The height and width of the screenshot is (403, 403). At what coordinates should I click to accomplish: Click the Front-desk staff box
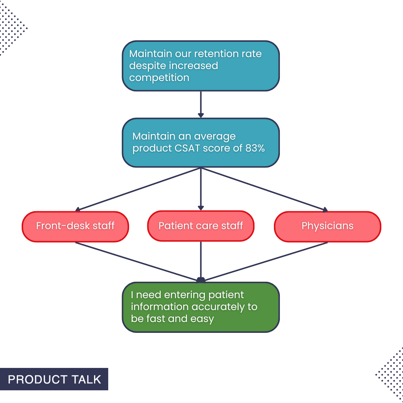pyautogui.click(x=75, y=227)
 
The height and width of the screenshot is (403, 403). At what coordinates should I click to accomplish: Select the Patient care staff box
pyautogui.click(x=201, y=227)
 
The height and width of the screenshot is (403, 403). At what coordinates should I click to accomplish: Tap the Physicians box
pyautogui.click(x=327, y=227)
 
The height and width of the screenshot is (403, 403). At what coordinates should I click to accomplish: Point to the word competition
pyautogui.click(x=159, y=78)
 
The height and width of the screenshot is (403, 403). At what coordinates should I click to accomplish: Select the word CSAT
pyautogui.click(x=188, y=148)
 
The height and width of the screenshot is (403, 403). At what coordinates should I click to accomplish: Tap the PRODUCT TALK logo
pyautogui.click(x=54, y=379)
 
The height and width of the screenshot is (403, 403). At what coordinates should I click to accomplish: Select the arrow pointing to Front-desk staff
pyautogui.click(x=138, y=189)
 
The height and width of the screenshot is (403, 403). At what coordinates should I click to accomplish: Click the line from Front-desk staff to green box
pyautogui.click(x=136, y=261)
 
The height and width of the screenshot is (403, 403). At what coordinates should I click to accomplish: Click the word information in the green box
pyautogui.click(x=160, y=307)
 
